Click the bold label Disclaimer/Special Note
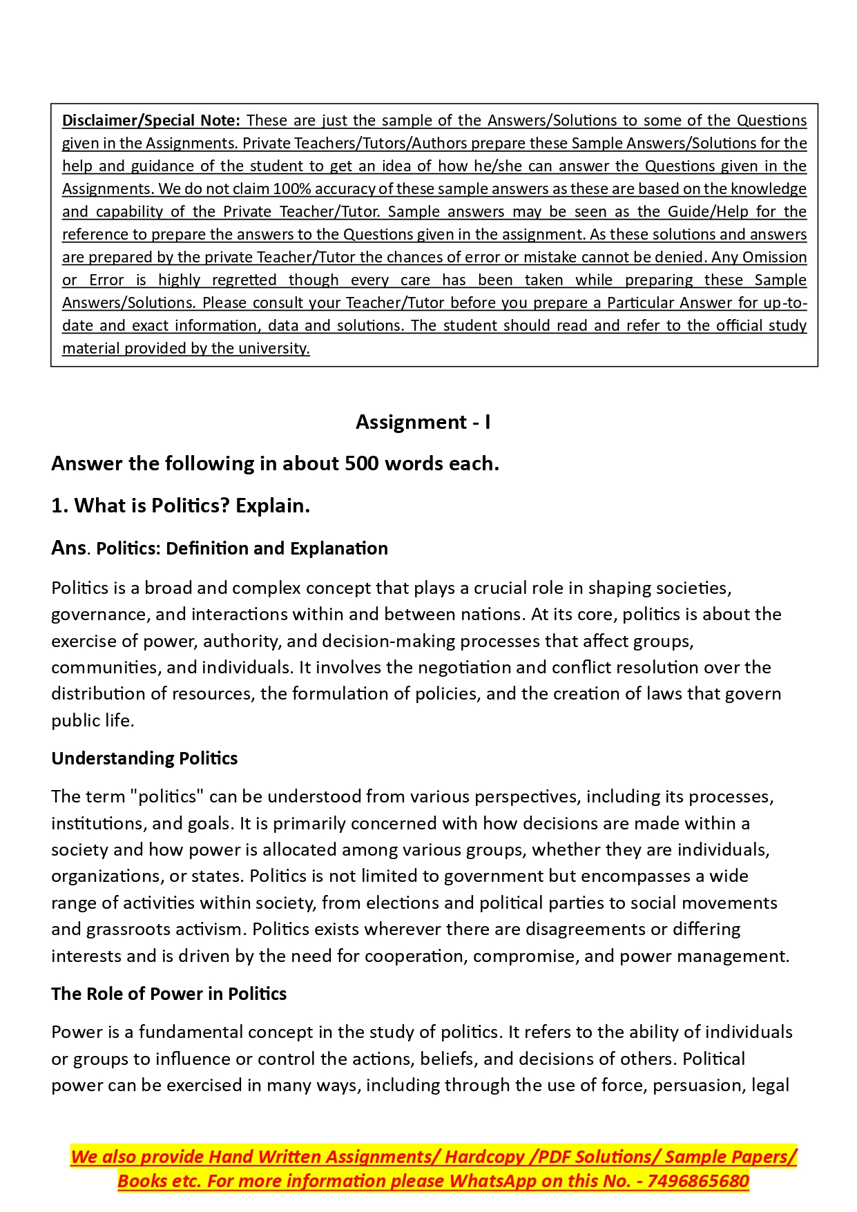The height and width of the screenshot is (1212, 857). [x=151, y=121]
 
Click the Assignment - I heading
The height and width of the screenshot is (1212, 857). [x=423, y=422]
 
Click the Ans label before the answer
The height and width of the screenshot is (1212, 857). [x=68, y=548]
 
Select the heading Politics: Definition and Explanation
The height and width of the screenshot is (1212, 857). [x=242, y=549]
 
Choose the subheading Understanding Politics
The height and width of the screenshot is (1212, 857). [x=144, y=759]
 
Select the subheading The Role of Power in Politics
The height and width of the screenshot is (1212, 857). [x=168, y=994]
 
